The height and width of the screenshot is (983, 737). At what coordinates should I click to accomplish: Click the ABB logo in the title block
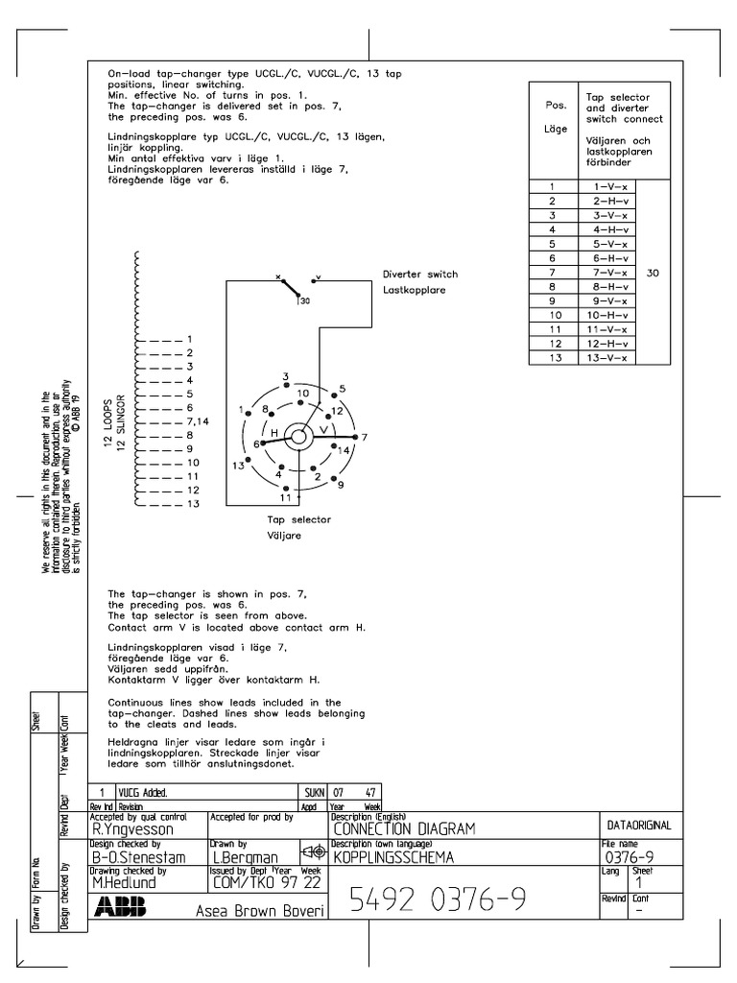click(120, 906)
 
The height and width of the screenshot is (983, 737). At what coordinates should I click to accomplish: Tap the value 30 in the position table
click(654, 274)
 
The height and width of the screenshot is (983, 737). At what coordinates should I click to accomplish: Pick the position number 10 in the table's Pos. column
click(553, 316)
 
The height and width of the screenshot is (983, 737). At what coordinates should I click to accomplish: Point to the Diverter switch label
click(419, 275)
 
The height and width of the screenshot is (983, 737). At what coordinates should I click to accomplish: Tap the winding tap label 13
click(193, 504)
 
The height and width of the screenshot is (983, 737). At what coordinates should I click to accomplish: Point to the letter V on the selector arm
click(323, 429)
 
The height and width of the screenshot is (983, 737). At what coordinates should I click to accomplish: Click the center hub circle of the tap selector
click(297, 438)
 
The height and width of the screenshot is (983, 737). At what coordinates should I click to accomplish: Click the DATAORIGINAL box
click(639, 825)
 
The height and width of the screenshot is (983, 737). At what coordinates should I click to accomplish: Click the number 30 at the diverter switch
click(305, 302)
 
